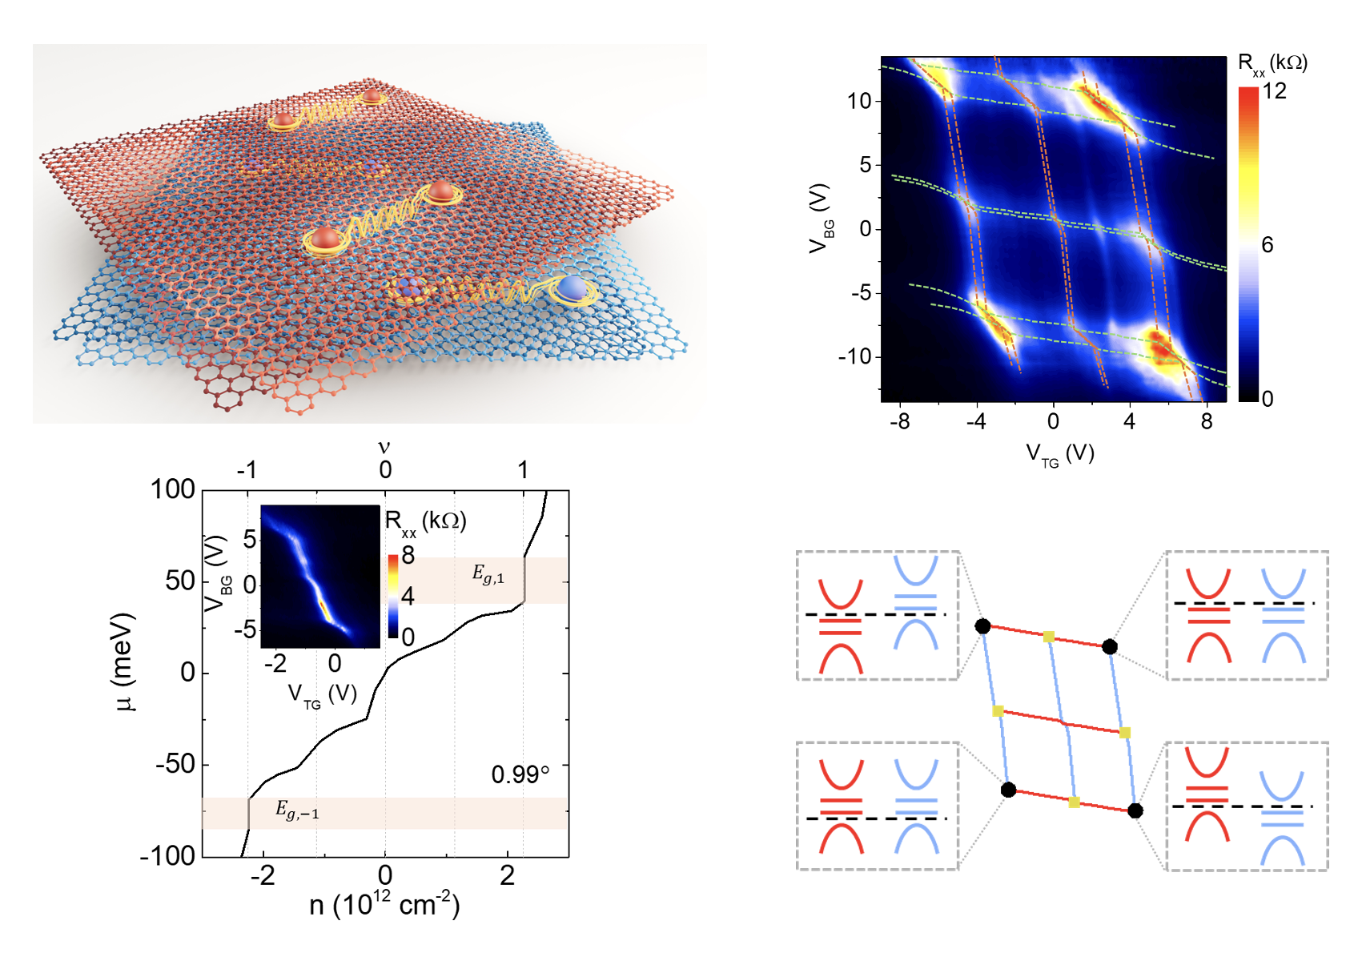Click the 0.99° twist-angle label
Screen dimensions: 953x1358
(x=520, y=774)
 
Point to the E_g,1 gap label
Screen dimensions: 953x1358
(x=488, y=574)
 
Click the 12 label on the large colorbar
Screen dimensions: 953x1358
(x=1274, y=91)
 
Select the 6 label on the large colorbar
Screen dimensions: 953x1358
(x=1267, y=245)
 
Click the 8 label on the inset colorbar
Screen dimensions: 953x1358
(x=408, y=555)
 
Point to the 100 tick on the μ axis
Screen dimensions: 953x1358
(x=173, y=489)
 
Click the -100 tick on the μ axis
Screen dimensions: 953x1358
(x=168, y=856)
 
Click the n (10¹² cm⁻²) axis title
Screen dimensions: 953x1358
(x=384, y=904)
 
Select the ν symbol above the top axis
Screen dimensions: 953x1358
(x=384, y=447)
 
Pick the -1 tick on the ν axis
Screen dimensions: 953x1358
(x=247, y=470)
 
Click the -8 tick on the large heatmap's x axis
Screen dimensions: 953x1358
(x=899, y=421)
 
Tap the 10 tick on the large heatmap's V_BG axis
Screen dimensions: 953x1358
(x=859, y=101)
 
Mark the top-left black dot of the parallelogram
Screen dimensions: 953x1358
(x=982, y=626)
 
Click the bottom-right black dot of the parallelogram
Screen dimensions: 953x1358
(x=1135, y=811)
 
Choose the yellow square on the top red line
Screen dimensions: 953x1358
(x=1048, y=637)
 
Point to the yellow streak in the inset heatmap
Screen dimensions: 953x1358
(x=323, y=607)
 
